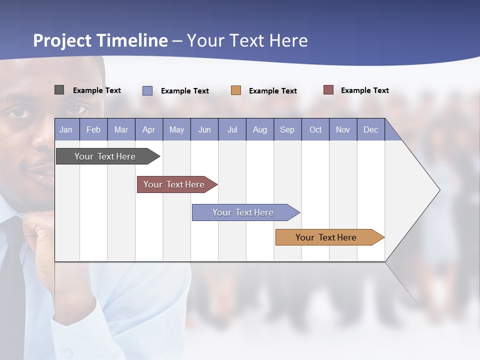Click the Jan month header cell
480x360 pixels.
click(x=66, y=129)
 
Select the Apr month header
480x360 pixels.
click(x=149, y=129)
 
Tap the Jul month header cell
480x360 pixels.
click(x=232, y=129)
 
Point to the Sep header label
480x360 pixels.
click(x=287, y=129)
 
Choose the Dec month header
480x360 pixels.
click(x=370, y=129)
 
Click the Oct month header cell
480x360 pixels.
click(x=315, y=129)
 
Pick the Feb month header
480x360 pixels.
click(x=93, y=129)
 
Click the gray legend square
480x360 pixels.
click(x=59, y=90)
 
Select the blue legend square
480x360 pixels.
click(x=147, y=90)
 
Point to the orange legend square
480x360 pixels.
click(x=236, y=90)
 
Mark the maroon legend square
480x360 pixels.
click(x=328, y=90)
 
